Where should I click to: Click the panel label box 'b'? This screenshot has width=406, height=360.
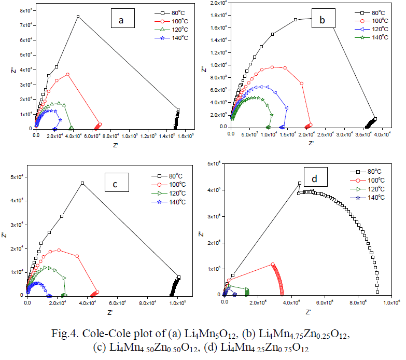point(322,20)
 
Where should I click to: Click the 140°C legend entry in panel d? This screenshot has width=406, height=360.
point(370,198)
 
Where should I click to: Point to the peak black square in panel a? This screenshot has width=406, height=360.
point(78,17)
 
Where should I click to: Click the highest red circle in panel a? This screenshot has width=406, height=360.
point(67,74)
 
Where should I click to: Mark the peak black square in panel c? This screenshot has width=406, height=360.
point(82,183)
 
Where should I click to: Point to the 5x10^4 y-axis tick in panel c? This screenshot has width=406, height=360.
point(17,177)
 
